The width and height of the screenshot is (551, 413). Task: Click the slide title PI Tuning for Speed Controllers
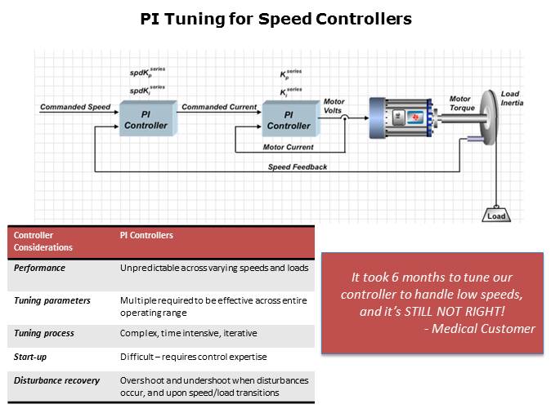pos(275,18)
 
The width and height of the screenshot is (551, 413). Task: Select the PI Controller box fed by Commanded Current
pos(289,120)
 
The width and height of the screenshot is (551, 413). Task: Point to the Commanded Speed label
pos(75,107)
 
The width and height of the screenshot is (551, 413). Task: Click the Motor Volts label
pos(334,107)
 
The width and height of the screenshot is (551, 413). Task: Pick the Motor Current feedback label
pos(289,147)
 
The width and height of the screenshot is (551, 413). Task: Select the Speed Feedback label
pos(298,167)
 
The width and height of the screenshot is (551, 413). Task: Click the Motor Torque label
pos(461,104)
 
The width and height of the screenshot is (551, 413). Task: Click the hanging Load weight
pos(496,215)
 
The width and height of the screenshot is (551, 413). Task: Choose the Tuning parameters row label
pos(52,301)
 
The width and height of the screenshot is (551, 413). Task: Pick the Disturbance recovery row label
pos(56,380)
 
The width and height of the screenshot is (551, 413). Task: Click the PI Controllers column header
pos(146,236)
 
